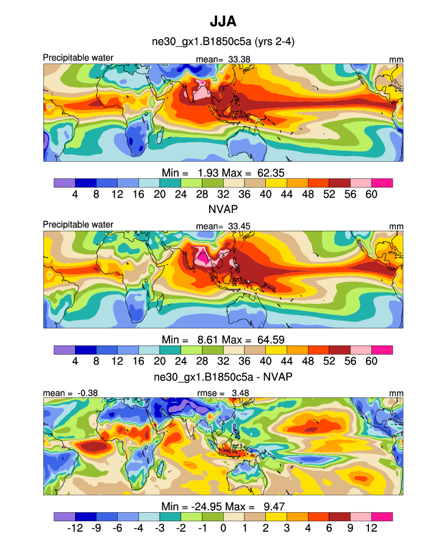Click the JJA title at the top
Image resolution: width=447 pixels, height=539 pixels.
(x=223, y=22)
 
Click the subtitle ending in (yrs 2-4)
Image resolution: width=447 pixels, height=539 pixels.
(x=223, y=42)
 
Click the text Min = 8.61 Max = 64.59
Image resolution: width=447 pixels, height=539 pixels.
(x=223, y=339)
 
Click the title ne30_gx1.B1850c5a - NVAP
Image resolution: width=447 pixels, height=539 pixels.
(x=223, y=377)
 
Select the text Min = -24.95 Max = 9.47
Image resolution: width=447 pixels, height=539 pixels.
(x=223, y=507)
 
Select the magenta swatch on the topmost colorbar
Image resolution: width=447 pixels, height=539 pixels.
(x=382, y=183)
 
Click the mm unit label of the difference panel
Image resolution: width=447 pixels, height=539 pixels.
(x=396, y=392)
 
